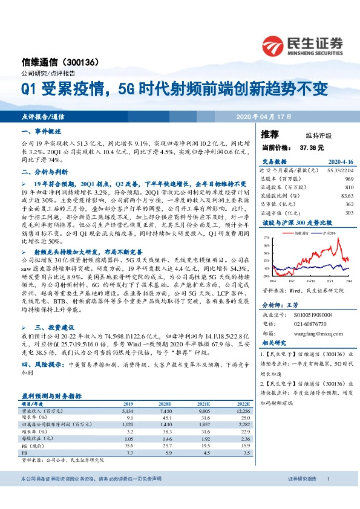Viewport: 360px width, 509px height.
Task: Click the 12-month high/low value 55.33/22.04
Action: coord(339,172)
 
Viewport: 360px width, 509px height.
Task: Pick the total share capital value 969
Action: coord(349,180)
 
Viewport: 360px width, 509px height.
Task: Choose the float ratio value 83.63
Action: coord(347,195)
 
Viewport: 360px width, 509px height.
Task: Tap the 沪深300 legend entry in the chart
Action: coord(330,232)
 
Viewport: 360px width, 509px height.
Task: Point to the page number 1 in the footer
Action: coord(327,496)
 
